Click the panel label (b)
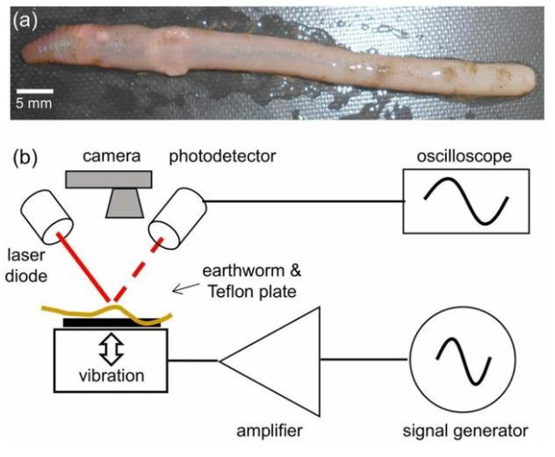coord(25,160)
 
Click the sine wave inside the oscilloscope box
coord(465,201)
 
